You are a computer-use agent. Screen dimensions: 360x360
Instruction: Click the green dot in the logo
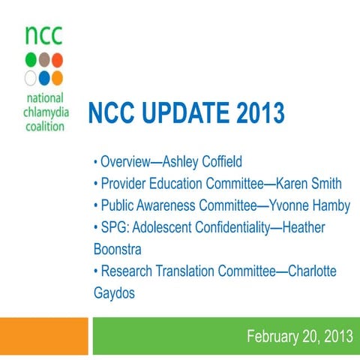tap(31, 60)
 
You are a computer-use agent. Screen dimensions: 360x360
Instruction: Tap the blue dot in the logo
tap(44, 77)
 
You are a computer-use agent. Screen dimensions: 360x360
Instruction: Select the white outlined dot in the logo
tap(31, 77)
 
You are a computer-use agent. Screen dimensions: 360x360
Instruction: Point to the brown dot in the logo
tap(44, 60)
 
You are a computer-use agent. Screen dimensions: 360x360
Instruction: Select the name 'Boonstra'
tap(118, 248)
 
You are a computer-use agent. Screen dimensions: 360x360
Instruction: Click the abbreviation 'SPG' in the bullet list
tap(112, 227)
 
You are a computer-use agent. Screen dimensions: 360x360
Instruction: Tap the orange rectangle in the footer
tap(43, 335)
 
